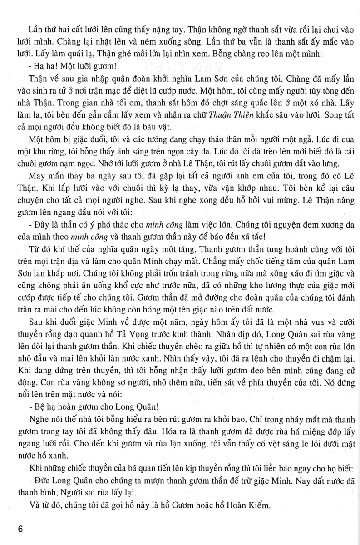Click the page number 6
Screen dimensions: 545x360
(x=19, y=529)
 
